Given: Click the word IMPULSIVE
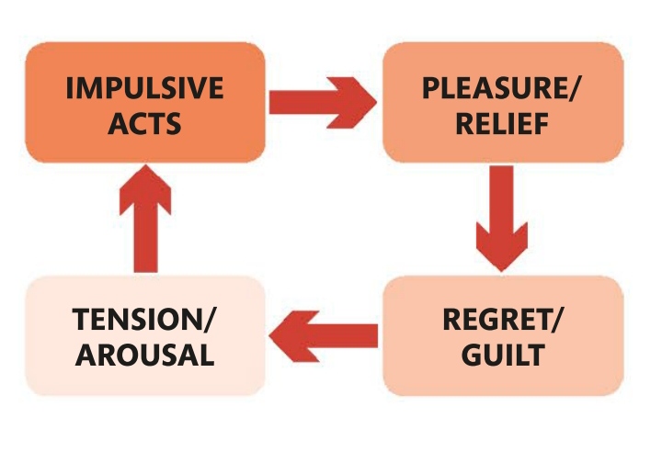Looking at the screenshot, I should pos(144,89).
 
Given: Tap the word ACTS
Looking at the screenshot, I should pos(144,124).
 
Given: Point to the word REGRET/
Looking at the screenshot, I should pos(504,321).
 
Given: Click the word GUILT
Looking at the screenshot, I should pos(504,356).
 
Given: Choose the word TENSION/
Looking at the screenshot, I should pos(144,321).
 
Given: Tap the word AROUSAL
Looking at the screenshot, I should pos(144,356).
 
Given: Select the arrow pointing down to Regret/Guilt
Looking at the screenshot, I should pos(501,217).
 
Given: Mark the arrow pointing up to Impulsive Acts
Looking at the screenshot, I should pos(145,220).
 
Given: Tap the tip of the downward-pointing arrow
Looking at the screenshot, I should pos(501,269).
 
